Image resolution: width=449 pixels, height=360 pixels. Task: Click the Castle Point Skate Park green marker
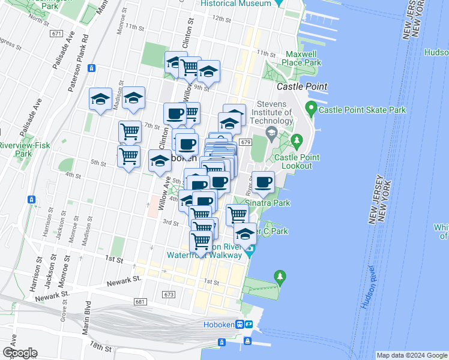311,109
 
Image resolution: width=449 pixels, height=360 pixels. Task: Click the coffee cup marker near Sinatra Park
262,182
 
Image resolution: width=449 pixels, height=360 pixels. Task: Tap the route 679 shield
244,142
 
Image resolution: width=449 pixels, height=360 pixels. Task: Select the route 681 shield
140,302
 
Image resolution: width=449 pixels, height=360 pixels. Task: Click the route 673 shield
169,295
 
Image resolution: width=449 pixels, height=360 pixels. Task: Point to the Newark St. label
124,280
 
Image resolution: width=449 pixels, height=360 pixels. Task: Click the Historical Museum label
235,4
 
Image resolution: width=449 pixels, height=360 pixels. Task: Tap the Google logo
20,353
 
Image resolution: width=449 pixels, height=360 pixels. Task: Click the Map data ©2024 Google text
411,355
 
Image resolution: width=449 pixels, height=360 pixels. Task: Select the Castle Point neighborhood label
302,86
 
